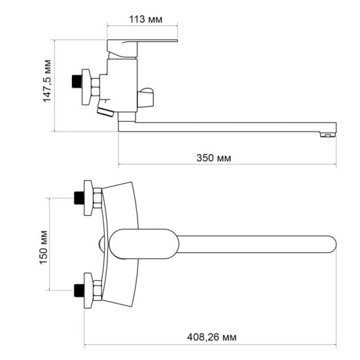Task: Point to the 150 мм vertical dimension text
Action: (44, 243)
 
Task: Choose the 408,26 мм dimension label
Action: (211, 336)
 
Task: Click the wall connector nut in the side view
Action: (84, 84)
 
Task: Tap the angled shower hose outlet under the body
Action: (106, 113)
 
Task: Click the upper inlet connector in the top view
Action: (86, 197)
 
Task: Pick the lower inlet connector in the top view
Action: (86, 289)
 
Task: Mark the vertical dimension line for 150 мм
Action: (52, 243)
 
